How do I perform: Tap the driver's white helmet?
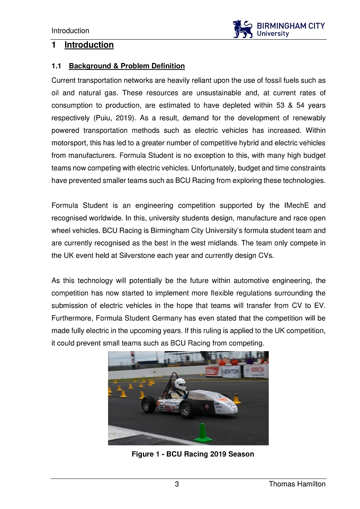tap(181, 384)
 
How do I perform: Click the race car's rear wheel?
tap(149, 405)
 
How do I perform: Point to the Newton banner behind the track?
tap(231, 371)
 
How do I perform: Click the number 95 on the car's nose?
tap(231, 404)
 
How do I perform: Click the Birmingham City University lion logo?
tap(243, 29)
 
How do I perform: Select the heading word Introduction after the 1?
tap(89, 45)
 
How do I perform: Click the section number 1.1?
tap(57, 66)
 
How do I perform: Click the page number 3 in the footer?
tap(177, 484)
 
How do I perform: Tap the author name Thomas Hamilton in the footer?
tap(297, 484)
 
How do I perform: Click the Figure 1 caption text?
tap(193, 454)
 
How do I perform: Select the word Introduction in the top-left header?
tap(70, 31)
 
